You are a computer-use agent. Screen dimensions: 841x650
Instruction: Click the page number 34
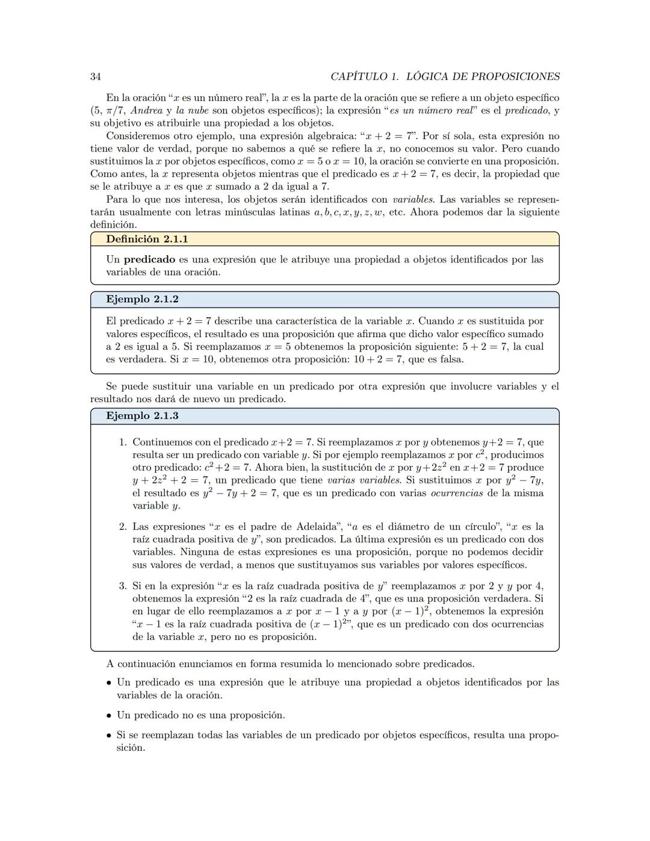click(95, 76)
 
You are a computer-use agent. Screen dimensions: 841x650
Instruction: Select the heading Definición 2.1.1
click(147, 239)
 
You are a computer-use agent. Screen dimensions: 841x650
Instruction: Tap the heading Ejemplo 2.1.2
click(142, 299)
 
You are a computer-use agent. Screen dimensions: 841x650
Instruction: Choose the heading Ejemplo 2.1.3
click(142, 416)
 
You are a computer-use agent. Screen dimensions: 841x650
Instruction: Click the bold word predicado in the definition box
click(149, 259)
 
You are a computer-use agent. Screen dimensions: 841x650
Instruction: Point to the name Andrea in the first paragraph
click(146, 110)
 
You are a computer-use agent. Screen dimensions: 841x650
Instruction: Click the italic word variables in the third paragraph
click(414, 199)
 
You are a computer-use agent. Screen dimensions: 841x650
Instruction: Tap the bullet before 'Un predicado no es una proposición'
click(108, 716)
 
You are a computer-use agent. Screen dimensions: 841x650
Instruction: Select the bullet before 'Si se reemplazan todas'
click(108, 736)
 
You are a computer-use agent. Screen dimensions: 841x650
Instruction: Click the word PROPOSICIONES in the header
click(515, 76)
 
